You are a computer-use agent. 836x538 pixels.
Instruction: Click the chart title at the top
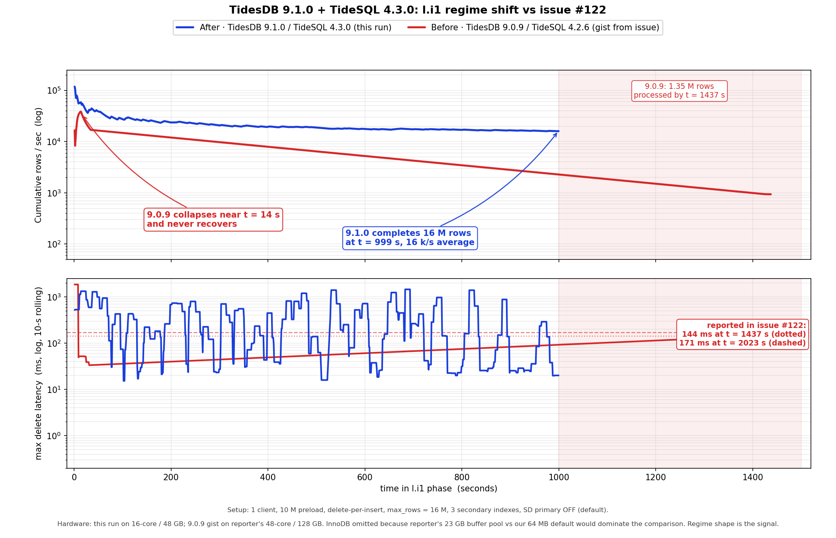click(418, 10)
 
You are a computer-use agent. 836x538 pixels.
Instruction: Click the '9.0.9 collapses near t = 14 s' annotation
click(213, 219)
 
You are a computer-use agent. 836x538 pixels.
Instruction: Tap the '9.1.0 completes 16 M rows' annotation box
click(410, 238)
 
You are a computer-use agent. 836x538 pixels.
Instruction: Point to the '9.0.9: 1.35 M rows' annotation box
click(679, 91)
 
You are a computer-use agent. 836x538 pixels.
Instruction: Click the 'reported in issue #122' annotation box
click(742, 334)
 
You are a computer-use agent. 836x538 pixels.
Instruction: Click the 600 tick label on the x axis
click(365, 477)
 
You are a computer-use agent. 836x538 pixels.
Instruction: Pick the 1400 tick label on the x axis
click(752, 477)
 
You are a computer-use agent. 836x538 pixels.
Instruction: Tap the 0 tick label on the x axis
click(74, 477)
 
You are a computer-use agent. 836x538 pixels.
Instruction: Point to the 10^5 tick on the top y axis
click(54, 90)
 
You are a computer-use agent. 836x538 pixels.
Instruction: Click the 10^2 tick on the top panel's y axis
click(54, 244)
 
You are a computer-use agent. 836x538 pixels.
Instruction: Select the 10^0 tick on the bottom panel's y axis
click(54, 436)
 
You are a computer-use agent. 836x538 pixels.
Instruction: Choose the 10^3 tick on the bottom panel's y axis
click(54, 297)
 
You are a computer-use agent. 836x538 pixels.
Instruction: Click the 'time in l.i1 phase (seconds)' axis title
click(438, 489)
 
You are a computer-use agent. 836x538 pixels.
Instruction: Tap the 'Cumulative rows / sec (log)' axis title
click(38, 165)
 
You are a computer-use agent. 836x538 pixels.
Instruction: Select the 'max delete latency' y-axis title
click(38, 373)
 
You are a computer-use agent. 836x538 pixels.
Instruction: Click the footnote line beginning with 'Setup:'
click(418, 510)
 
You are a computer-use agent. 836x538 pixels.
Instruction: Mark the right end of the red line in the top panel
click(771, 194)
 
